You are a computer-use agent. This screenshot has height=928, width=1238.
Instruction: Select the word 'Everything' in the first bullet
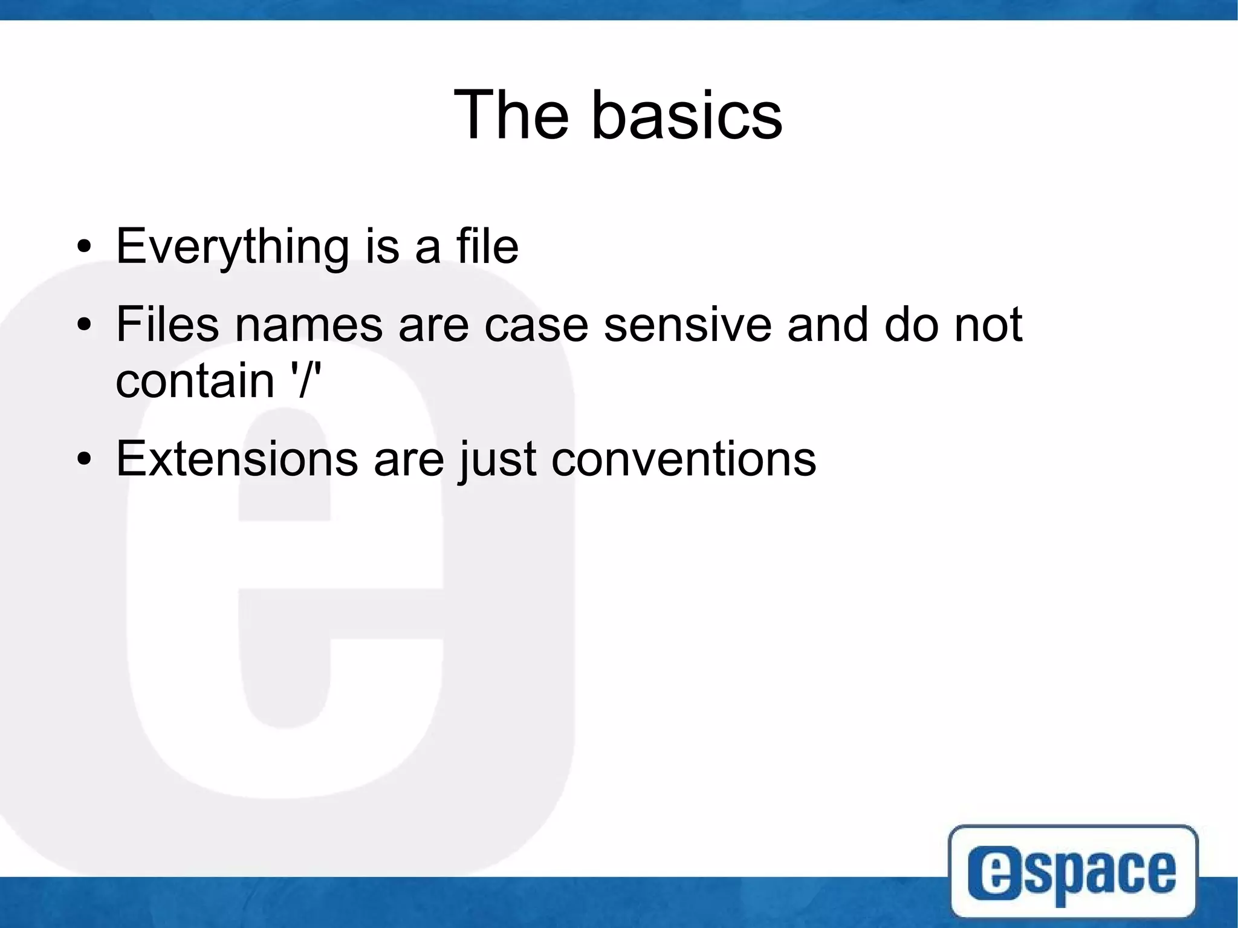pyautogui.click(x=232, y=247)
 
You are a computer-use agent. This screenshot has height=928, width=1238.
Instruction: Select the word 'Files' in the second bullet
pyautogui.click(x=167, y=324)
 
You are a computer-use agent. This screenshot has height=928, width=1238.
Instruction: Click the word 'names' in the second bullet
pyautogui.click(x=309, y=325)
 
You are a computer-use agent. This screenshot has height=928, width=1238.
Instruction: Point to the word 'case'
pyautogui.click(x=536, y=325)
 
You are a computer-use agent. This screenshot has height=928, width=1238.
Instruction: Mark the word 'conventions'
pyautogui.click(x=684, y=459)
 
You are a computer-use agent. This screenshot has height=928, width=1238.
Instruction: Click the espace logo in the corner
pyautogui.click(x=1073, y=871)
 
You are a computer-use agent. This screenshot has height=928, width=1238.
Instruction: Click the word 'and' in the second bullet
pyautogui.click(x=828, y=324)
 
